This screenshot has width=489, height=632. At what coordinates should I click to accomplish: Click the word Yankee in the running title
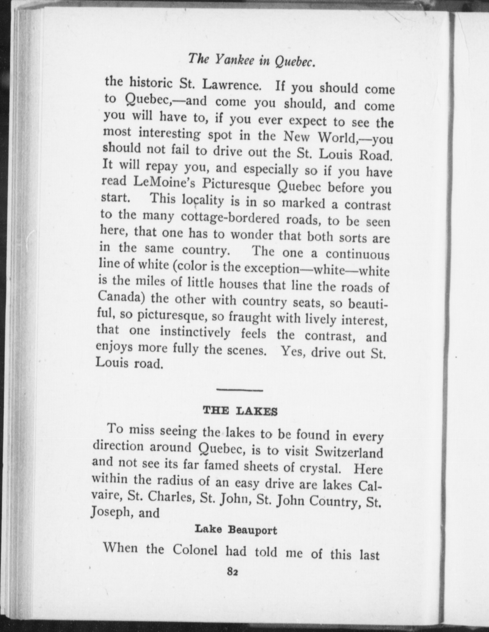pyautogui.click(x=234, y=60)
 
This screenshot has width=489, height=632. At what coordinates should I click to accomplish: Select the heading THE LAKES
pyautogui.click(x=240, y=411)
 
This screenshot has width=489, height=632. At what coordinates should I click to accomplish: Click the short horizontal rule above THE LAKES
pyautogui.click(x=239, y=390)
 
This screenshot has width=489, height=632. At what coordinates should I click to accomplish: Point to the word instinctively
pyautogui.click(x=195, y=332)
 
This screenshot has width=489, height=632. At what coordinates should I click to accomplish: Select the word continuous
pyautogui.click(x=358, y=255)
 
